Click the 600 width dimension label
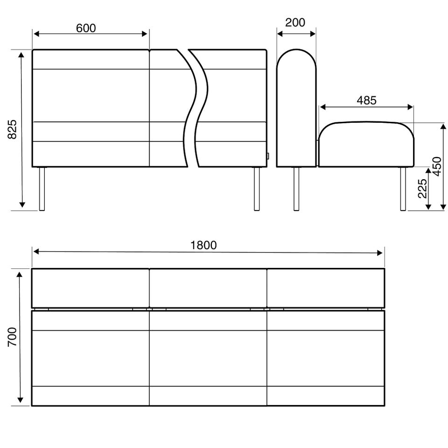point(86,28)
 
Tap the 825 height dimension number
point(12,129)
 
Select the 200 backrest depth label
point(295,22)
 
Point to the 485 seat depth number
point(367,100)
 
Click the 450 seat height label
point(437,166)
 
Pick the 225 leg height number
point(422,189)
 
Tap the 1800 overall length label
point(203,245)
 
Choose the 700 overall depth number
point(12,337)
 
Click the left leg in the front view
point(42,189)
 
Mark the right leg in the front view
point(257,189)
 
